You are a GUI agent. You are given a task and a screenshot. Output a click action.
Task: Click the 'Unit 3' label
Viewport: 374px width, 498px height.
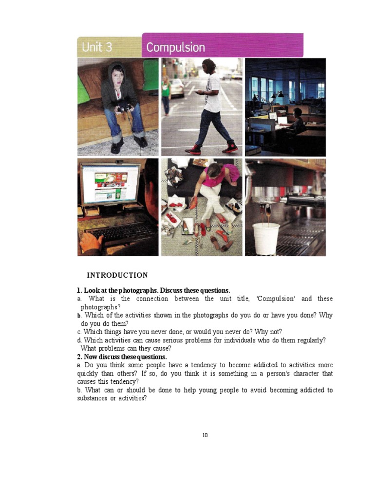point(97,47)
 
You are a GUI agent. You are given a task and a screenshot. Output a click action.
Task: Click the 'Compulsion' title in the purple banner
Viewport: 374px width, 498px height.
point(175,48)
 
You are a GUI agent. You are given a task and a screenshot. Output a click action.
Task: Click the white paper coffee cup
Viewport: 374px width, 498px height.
point(266,238)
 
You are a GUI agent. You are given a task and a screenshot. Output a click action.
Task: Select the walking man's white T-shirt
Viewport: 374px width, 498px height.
point(213,92)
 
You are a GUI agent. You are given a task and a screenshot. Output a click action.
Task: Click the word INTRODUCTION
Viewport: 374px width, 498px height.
point(117,275)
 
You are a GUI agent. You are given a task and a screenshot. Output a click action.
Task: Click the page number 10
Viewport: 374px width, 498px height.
point(205,435)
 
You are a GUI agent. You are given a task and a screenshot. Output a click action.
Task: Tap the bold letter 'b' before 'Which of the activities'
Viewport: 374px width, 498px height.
point(79,316)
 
